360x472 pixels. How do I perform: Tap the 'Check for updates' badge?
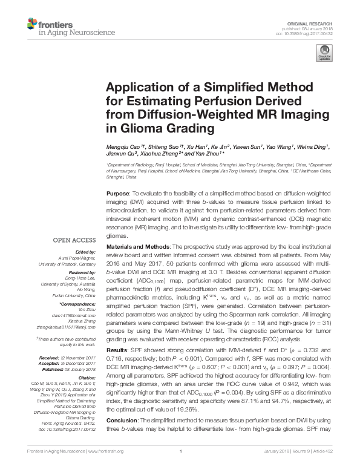(324, 55)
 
